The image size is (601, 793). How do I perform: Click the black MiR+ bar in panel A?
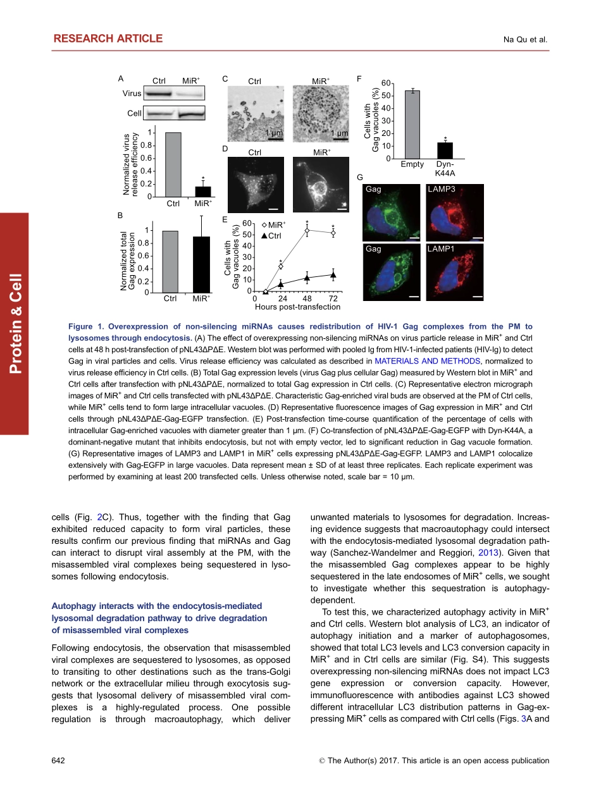click(203, 192)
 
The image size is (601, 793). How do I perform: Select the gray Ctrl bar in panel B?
click(170, 262)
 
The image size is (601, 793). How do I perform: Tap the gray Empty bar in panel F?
click(412, 125)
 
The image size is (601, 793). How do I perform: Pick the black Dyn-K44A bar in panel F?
click(445, 151)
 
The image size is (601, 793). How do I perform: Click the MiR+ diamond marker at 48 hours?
click(307, 231)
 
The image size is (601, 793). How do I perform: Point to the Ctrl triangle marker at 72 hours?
click(333, 274)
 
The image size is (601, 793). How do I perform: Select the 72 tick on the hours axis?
click(333, 298)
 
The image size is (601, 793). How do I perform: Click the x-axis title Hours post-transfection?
click(297, 307)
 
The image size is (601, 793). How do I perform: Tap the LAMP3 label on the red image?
click(442, 189)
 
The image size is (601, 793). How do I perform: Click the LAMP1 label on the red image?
click(442, 249)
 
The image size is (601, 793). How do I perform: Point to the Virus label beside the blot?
click(132, 94)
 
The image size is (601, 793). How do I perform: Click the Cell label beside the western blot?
click(134, 113)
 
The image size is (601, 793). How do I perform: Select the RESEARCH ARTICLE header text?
click(108, 39)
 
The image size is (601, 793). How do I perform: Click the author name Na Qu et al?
click(525, 40)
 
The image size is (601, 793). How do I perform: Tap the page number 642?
click(58, 761)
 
